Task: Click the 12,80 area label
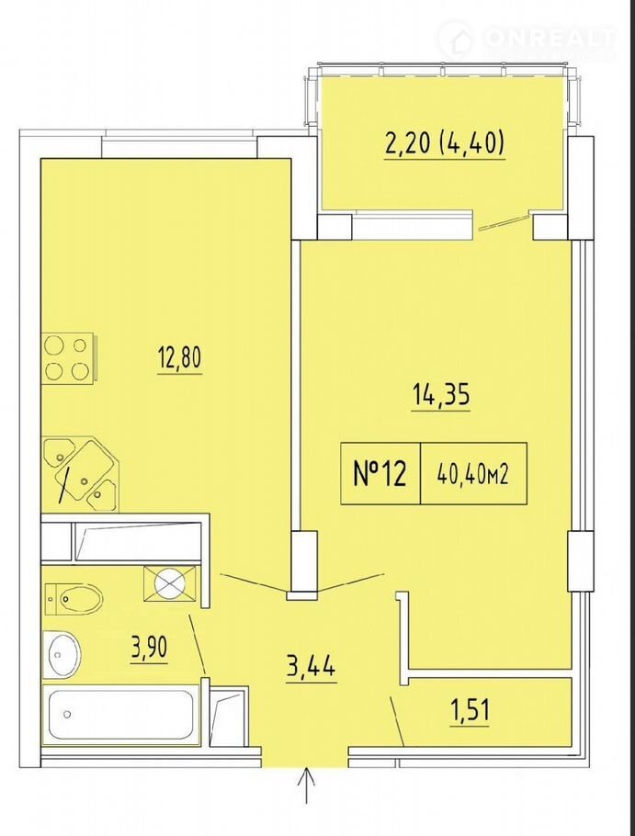180,358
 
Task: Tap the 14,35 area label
440,396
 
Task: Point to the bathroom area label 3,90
149,648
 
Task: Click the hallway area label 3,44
311,666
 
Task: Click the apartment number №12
380,473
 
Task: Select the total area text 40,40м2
472,473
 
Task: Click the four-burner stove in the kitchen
68,357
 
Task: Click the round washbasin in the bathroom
62,652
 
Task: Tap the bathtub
121,715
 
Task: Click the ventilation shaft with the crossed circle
169,583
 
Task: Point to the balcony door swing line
504,222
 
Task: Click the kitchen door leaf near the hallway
255,582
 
